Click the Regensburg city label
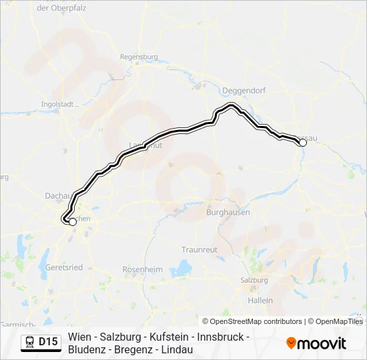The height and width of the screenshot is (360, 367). pyautogui.click(x=139, y=57)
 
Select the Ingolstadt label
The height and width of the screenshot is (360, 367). pyautogui.click(x=57, y=104)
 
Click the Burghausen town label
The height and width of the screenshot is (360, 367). pyautogui.click(x=228, y=212)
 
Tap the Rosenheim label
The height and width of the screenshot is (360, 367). pyautogui.click(x=143, y=269)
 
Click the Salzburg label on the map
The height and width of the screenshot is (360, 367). pyautogui.click(x=254, y=280)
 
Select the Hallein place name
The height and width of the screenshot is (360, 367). pyautogui.click(x=260, y=300)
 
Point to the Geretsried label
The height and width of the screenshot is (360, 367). pyautogui.click(x=64, y=267)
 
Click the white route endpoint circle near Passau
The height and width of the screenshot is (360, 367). pyautogui.click(x=302, y=143)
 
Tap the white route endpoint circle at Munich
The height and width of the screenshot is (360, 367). pyautogui.click(x=72, y=223)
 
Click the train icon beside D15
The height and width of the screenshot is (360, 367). pyautogui.click(x=29, y=342)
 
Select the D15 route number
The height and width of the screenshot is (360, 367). pyautogui.click(x=48, y=342)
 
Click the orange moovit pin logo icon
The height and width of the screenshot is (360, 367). pyautogui.click(x=291, y=343)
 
